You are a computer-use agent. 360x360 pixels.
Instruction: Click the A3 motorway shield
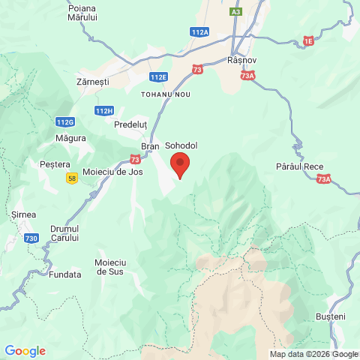click(236, 12)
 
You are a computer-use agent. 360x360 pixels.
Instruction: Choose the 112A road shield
click(200, 32)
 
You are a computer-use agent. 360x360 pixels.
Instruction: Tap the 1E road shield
click(309, 40)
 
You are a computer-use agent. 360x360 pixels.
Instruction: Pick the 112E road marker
click(158, 77)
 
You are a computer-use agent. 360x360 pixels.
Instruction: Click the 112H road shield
click(104, 111)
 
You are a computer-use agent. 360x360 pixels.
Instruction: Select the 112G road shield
click(65, 121)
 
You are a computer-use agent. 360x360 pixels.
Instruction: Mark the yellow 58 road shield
click(72, 178)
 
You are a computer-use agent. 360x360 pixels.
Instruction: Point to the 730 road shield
click(31, 238)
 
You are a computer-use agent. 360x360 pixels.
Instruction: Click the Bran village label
click(150, 146)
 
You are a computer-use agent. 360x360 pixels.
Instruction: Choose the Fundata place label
click(65, 274)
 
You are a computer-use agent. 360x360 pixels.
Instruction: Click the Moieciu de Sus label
click(110, 266)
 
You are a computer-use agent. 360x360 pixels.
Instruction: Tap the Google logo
click(25, 351)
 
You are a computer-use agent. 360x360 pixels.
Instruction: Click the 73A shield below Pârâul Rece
click(323, 179)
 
